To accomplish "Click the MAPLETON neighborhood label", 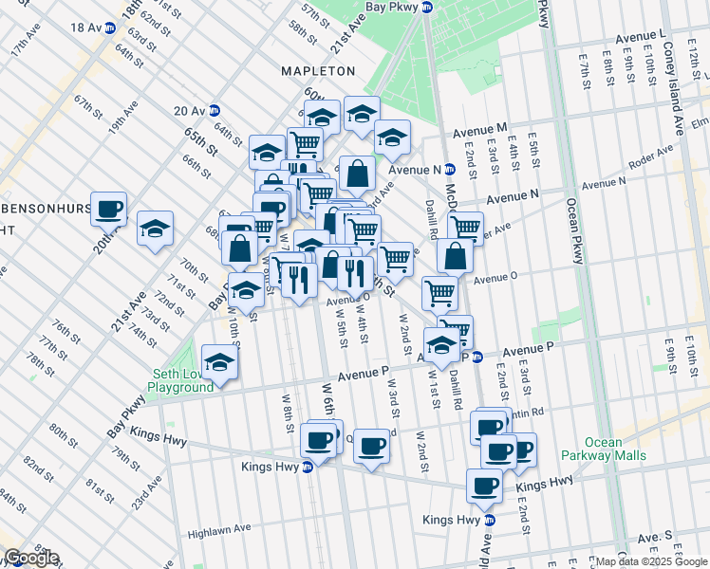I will (318, 71).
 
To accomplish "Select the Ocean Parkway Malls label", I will (616, 449).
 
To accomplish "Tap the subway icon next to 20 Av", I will (215, 110).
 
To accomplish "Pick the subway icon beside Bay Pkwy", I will (427, 8).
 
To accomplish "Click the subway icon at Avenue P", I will (477, 358).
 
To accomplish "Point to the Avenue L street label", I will (640, 35).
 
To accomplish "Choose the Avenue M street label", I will (480, 128).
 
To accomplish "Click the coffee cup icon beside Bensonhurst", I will (109, 208).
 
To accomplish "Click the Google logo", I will (31, 558).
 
